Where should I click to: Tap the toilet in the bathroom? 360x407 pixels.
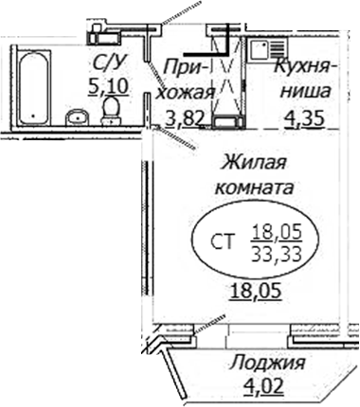click(111, 112)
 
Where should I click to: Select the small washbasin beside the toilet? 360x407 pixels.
click(77, 117)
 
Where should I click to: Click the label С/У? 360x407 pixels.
click(105, 64)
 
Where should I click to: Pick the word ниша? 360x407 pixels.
click(302, 93)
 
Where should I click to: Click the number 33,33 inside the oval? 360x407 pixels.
click(274, 254)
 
